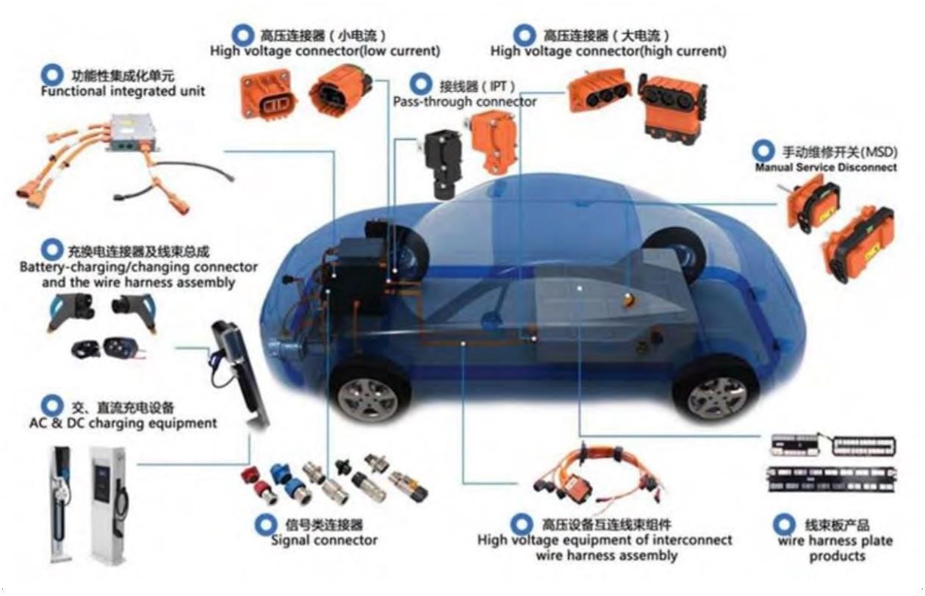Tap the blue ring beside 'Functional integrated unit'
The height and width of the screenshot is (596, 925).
click(x=52, y=75)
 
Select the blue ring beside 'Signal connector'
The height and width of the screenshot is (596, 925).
click(x=265, y=525)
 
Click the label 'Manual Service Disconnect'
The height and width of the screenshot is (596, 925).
click(x=826, y=168)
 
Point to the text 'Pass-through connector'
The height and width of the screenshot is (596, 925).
click(x=464, y=101)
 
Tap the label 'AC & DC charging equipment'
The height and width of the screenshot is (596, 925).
click(x=123, y=423)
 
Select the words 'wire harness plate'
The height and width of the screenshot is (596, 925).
click(x=835, y=541)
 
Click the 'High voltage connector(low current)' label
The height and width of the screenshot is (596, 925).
click(x=325, y=51)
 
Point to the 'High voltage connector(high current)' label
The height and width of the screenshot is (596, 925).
click(x=608, y=51)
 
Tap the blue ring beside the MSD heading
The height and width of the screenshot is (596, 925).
click(x=763, y=151)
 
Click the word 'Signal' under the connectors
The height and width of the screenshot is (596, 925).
click(x=291, y=540)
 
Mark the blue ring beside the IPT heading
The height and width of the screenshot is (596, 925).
click(x=421, y=85)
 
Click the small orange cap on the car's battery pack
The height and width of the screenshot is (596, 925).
click(x=628, y=299)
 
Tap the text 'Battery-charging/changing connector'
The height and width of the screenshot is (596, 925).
click(x=139, y=268)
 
